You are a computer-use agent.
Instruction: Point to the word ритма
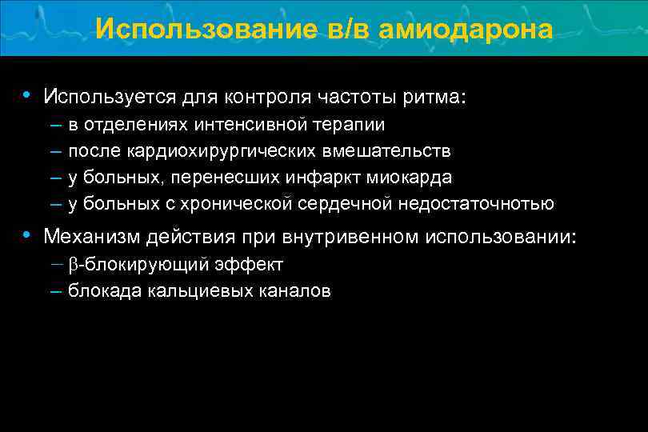point(434,98)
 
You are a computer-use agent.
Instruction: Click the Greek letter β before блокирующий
point(74,265)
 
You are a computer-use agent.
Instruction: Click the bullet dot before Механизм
point(27,236)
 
